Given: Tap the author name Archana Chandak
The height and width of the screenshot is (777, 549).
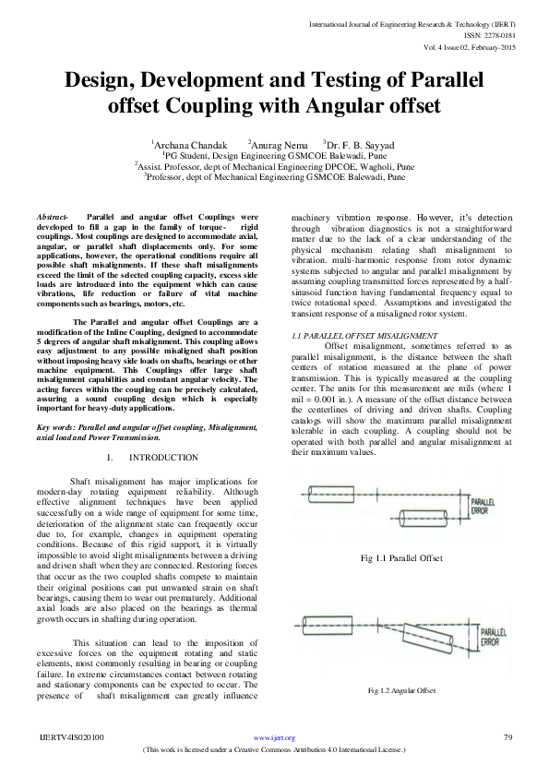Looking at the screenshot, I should click(x=190, y=144).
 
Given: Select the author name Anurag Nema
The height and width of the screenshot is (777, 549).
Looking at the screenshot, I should click(x=277, y=144).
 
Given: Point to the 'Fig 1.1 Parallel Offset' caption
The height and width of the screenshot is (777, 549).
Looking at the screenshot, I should click(x=402, y=558).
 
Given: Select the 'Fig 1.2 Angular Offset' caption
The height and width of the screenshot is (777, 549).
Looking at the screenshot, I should click(x=401, y=690).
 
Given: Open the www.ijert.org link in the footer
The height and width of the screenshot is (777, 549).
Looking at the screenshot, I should click(x=275, y=737).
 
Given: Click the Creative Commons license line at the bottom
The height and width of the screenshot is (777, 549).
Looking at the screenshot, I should click(x=275, y=749).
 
